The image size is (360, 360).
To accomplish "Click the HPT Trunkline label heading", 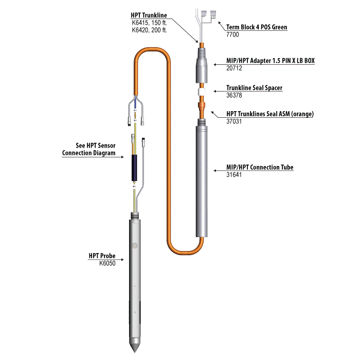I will [149, 16].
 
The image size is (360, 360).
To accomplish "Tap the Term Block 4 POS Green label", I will [257, 27].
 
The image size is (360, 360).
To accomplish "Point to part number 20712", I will [234, 67].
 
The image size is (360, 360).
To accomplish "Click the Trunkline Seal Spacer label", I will [254, 88].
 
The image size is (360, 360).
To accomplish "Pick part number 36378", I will [234, 95].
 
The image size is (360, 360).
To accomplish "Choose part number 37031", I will [234, 122].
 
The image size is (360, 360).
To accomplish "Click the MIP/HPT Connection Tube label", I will [260, 168].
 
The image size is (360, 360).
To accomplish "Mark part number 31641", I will [234, 175].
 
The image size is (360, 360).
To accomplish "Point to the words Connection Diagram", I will [88, 153].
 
